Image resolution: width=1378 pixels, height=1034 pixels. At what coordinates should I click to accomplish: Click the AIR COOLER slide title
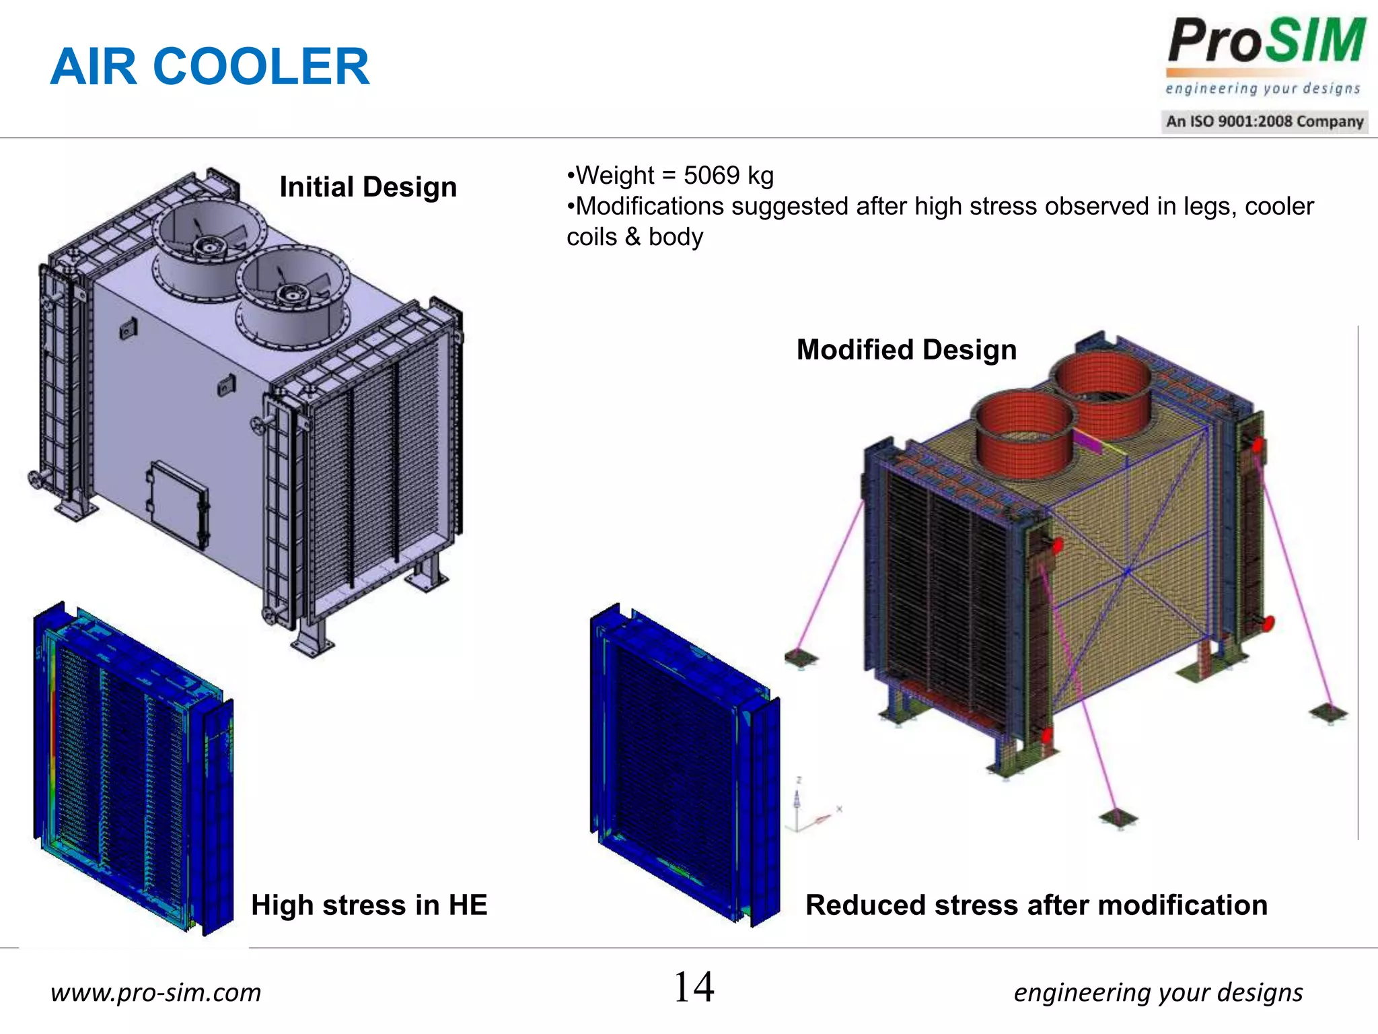210,67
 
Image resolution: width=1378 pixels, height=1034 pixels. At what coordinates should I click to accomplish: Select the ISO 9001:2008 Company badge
1264,122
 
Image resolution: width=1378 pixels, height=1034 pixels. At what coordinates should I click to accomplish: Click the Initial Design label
368,187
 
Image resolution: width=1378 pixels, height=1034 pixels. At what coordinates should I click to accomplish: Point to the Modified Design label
906,350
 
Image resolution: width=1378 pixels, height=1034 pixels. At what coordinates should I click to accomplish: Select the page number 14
694,988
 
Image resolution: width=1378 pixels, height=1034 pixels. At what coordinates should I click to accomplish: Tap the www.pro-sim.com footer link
155,992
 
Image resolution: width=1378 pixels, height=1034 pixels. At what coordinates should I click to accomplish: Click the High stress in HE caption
369,905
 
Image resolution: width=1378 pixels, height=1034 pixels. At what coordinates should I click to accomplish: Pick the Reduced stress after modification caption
1036,905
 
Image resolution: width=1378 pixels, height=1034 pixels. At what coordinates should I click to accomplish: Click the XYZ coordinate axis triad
807,811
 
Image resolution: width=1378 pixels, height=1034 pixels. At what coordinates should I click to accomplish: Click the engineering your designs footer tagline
1158,992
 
